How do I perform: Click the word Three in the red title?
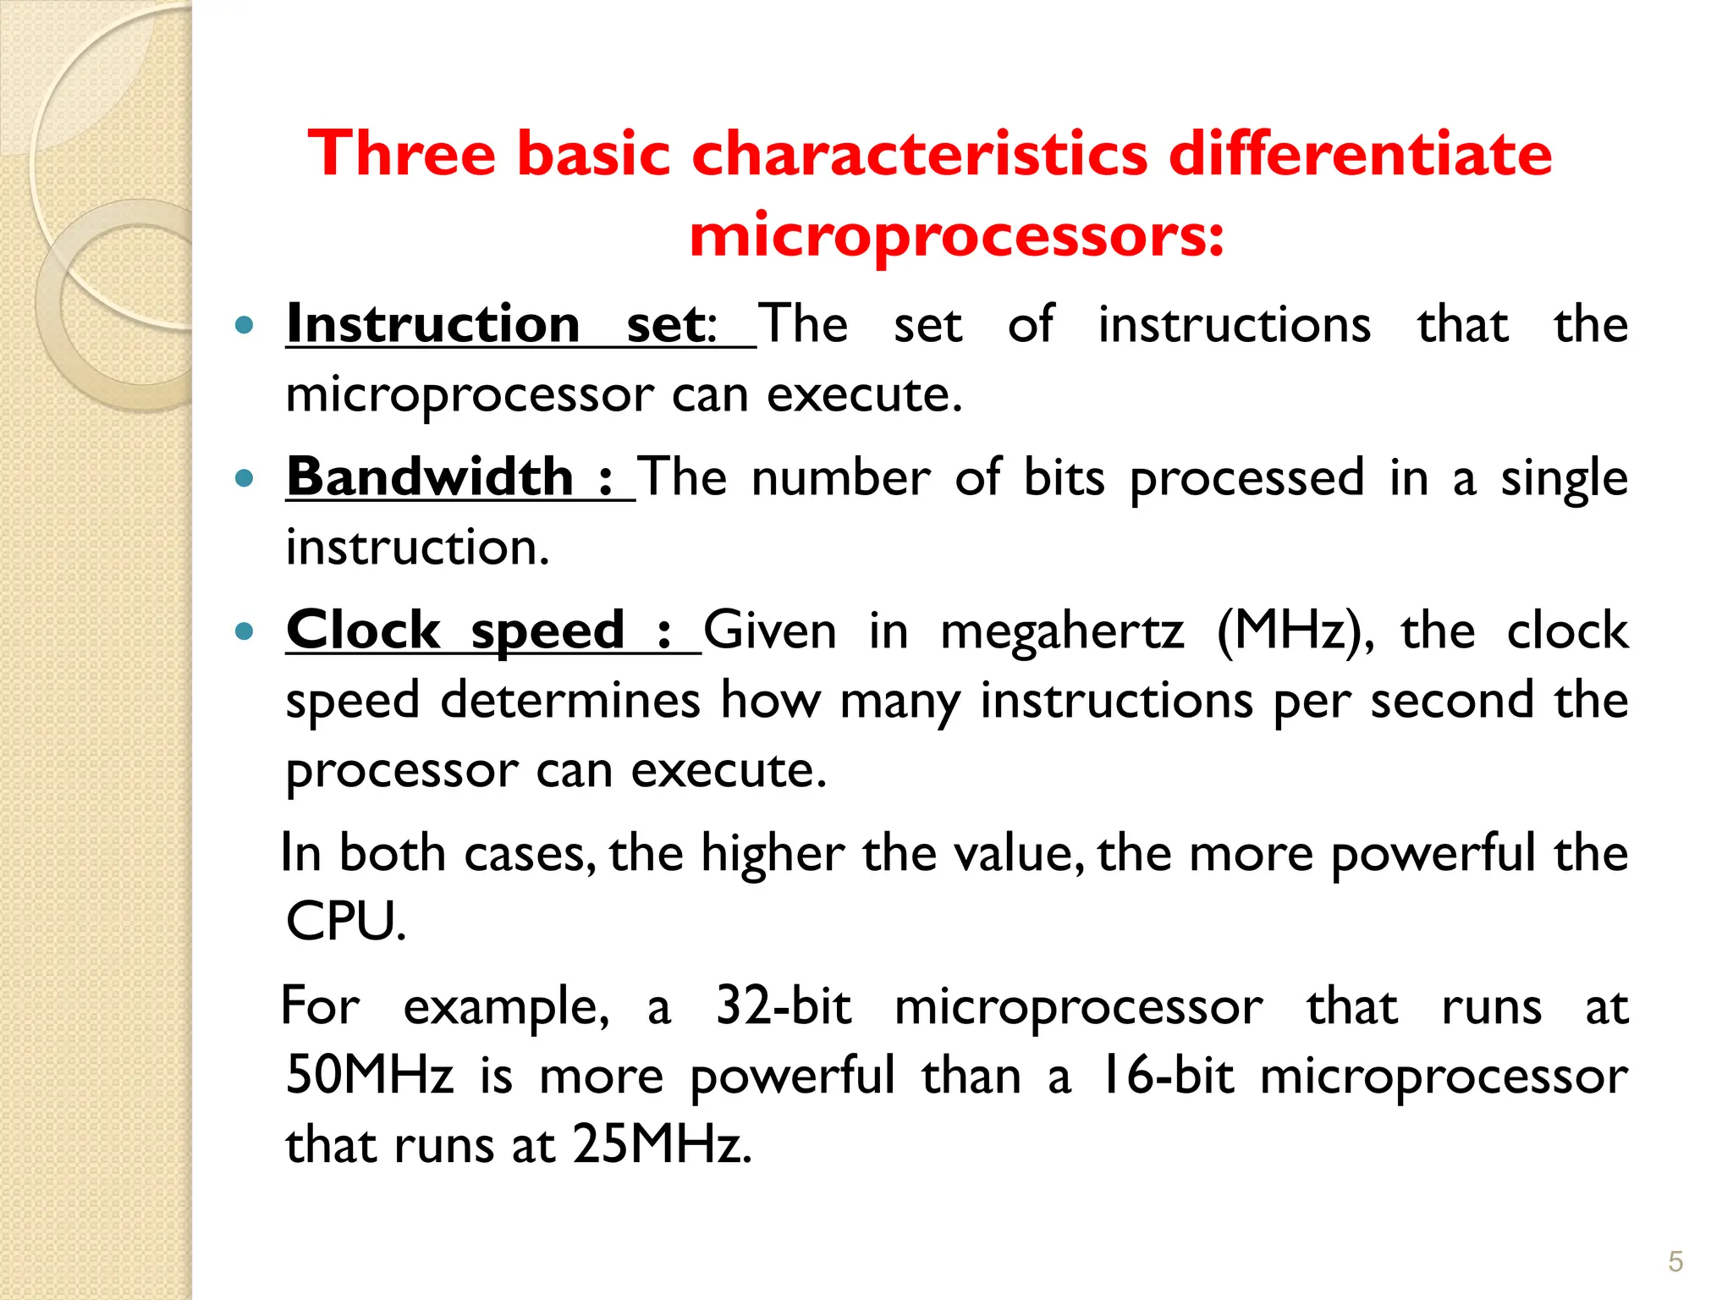click(401, 154)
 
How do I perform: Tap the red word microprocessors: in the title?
click(956, 234)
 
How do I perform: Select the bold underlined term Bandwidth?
click(430, 476)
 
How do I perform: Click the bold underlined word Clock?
click(363, 631)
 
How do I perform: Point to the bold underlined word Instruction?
click(432, 324)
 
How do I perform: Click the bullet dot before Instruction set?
click(245, 324)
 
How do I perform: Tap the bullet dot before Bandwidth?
click(245, 478)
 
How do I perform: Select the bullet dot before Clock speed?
click(245, 631)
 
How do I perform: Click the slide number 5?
click(1675, 1262)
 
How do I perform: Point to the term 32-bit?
click(783, 1006)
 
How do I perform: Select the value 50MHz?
click(369, 1076)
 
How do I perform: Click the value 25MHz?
click(661, 1145)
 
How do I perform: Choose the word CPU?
click(345, 922)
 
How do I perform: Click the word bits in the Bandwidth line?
click(1064, 478)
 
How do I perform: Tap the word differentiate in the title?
click(1360, 154)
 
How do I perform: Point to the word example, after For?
click(505, 1008)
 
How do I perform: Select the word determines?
click(570, 701)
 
